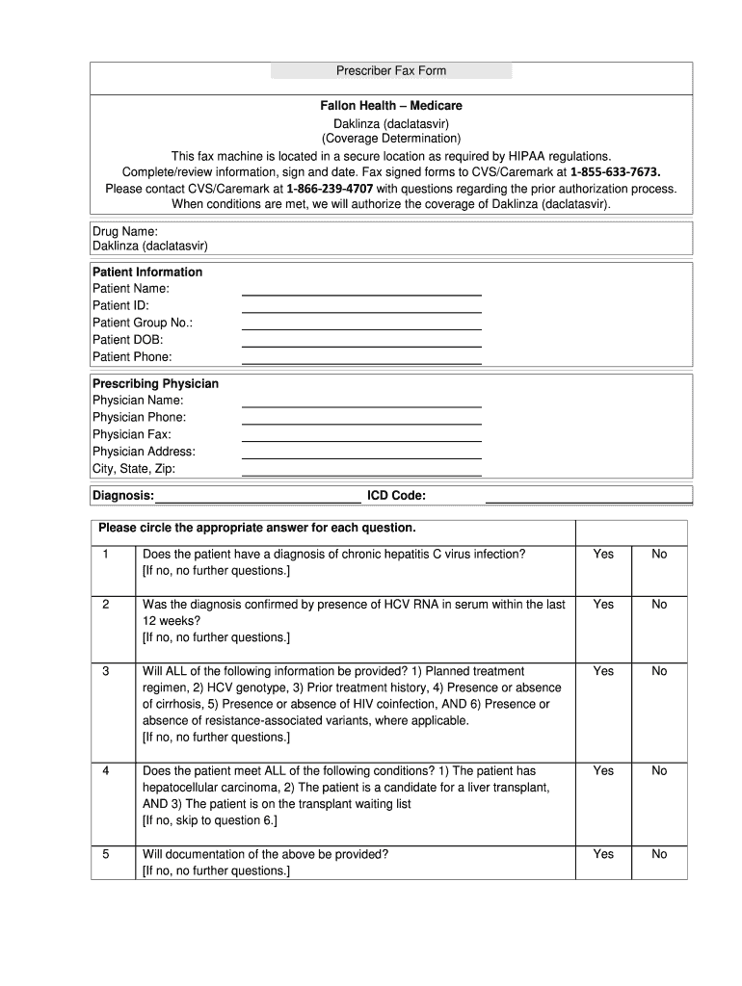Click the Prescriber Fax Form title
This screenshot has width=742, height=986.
(x=390, y=70)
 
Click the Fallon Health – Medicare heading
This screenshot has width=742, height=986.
(x=391, y=106)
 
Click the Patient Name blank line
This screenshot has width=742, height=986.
(x=360, y=290)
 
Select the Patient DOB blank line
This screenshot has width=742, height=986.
(x=360, y=341)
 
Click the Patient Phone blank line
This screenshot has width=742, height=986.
(x=360, y=358)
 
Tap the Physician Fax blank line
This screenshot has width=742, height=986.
(x=360, y=435)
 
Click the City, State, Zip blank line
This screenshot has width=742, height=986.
(x=360, y=470)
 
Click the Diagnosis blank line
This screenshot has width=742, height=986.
(x=258, y=498)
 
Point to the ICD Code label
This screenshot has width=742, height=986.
(x=396, y=496)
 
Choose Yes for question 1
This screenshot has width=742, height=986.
(x=603, y=554)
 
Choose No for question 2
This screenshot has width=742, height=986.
(x=659, y=604)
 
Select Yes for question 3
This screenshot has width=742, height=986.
(x=603, y=670)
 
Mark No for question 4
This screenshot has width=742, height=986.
(x=659, y=770)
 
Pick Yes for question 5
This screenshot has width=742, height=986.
(x=603, y=854)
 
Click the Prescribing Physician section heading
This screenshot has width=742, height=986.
(x=155, y=383)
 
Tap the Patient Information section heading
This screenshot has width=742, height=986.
(x=147, y=272)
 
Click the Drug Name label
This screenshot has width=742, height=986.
(x=124, y=231)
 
